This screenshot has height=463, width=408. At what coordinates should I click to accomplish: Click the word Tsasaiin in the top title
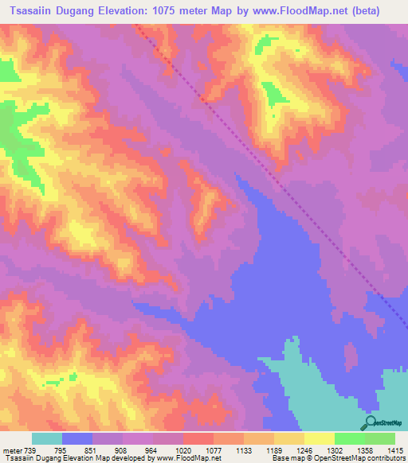(37, 11)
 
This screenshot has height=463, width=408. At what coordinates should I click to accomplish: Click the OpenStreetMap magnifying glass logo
(371, 422)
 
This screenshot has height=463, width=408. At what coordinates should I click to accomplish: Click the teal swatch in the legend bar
(46, 438)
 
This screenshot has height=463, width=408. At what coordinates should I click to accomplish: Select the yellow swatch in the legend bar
(319, 438)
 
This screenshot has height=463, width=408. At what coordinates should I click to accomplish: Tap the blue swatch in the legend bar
(77, 438)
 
